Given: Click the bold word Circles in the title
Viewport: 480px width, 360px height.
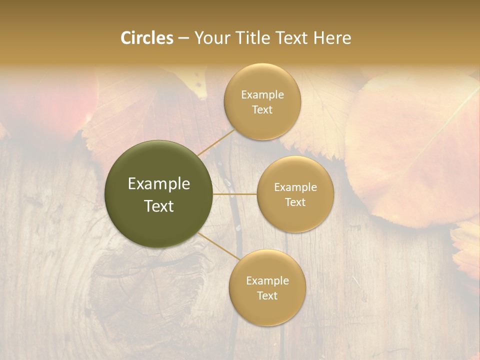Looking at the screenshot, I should pyautogui.click(x=147, y=38).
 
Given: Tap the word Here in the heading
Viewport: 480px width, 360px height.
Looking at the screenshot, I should pyautogui.click(x=332, y=38).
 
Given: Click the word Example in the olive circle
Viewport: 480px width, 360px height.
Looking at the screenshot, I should pyautogui.click(x=159, y=184).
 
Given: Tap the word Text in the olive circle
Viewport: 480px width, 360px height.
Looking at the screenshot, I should pyautogui.click(x=159, y=206).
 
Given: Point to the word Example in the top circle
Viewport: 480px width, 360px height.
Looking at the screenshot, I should pyautogui.click(x=262, y=94).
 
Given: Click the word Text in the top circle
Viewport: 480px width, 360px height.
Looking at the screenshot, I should pyautogui.click(x=262, y=109).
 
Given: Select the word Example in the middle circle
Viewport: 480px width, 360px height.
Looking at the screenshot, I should pyautogui.click(x=295, y=187).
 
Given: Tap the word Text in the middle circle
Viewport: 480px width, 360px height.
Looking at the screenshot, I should pyautogui.click(x=295, y=202).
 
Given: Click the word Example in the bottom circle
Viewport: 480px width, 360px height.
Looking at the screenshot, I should pyautogui.click(x=267, y=280).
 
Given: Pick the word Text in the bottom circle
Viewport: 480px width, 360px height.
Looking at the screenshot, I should pyautogui.click(x=267, y=295).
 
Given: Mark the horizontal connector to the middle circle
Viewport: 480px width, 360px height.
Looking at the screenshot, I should pyautogui.click(x=234, y=194).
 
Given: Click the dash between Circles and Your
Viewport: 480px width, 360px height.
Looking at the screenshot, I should pyautogui.click(x=183, y=38).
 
